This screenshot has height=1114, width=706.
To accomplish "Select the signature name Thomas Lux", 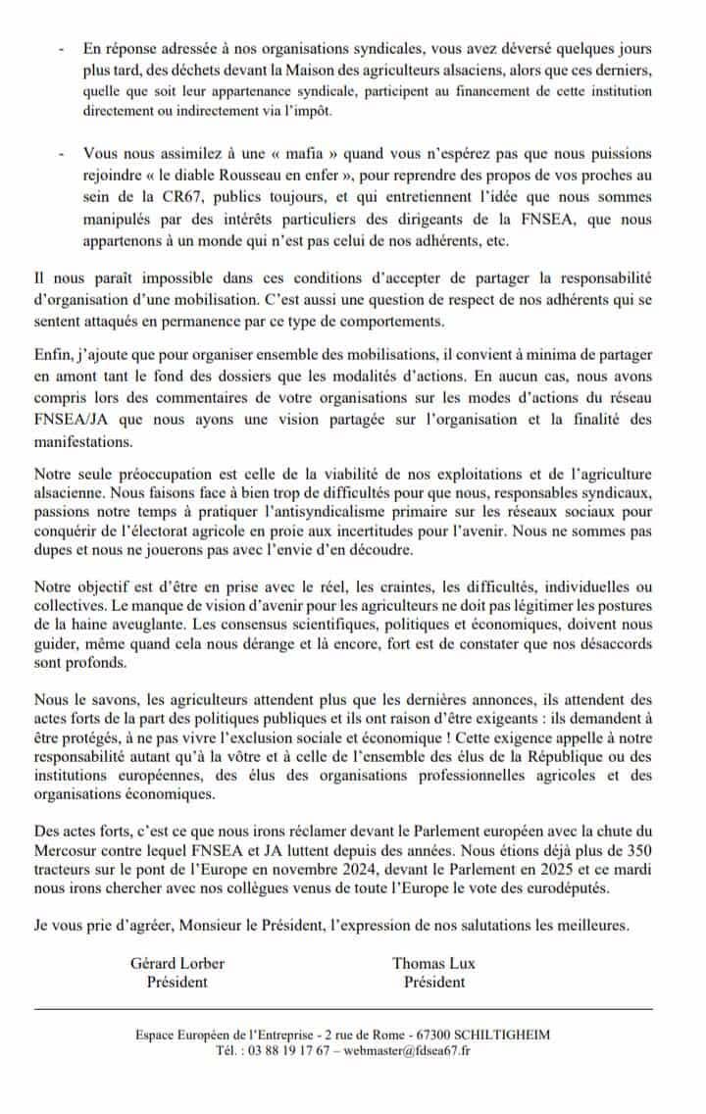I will tap(433, 962).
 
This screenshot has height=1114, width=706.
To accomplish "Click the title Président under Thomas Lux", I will tap(433, 981).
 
